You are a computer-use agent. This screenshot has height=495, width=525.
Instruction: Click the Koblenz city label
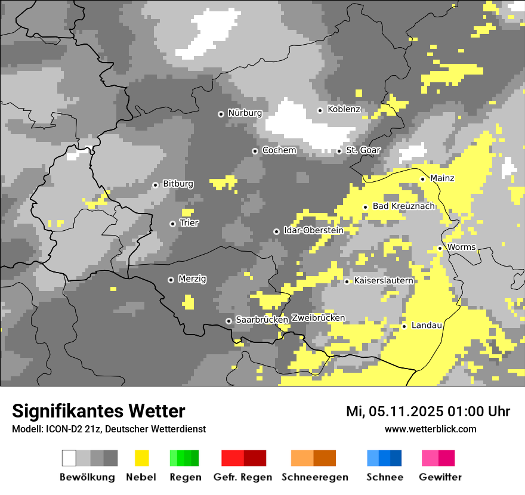tap(344, 109)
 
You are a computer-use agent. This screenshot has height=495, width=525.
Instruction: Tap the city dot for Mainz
tap(422, 179)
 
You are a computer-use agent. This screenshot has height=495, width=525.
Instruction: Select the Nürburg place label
tap(245, 113)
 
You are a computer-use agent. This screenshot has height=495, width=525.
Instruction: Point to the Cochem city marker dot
tap(255, 151)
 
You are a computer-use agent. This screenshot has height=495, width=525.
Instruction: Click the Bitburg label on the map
tap(178, 184)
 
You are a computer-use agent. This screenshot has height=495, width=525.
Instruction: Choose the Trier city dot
tap(172, 224)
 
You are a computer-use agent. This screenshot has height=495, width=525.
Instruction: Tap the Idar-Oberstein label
tap(313, 230)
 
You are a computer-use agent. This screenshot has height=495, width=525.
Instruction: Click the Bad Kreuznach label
tap(403, 206)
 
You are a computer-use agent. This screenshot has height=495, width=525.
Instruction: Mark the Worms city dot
tap(440, 248)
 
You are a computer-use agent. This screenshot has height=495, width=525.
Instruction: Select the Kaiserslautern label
tap(384, 280)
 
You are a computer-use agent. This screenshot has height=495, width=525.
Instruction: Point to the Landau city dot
tap(404, 326)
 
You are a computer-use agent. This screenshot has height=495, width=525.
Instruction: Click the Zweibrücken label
tap(318, 318)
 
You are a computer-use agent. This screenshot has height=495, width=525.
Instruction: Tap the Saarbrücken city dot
tap(228, 321)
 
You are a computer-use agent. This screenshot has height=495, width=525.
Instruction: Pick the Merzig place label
tap(192, 279)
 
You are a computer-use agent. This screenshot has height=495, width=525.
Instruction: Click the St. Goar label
tap(363, 150)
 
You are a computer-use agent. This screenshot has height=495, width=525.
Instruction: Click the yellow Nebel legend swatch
tap(141, 458)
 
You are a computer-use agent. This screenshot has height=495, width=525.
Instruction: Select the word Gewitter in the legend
tap(440, 477)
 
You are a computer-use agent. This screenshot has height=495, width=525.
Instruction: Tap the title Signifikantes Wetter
tap(98, 411)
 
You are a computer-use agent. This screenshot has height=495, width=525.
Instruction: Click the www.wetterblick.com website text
tap(430, 429)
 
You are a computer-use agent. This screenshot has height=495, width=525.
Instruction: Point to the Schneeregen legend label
tap(315, 477)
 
